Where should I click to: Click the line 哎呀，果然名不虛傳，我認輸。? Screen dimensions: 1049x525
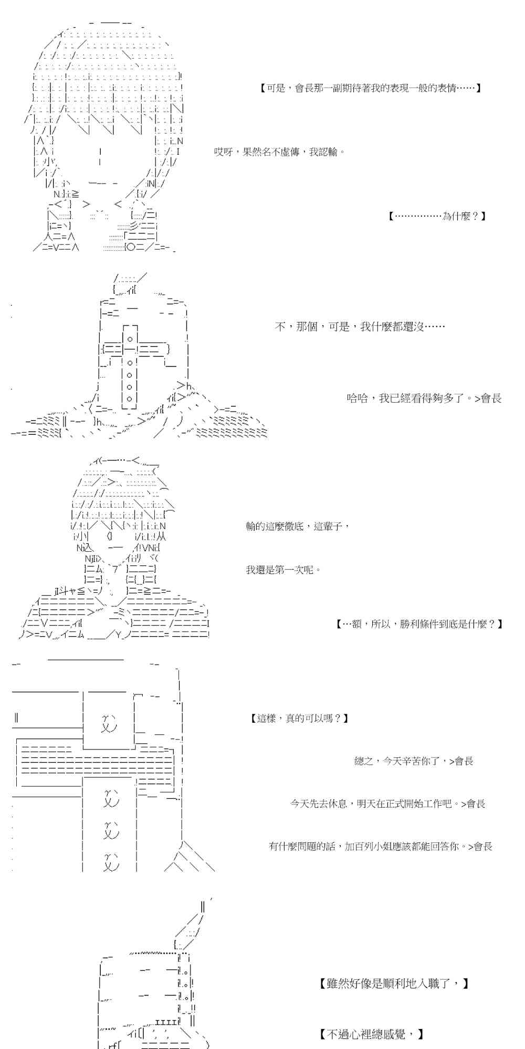[280, 152]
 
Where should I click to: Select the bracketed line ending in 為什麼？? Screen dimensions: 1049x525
[437, 216]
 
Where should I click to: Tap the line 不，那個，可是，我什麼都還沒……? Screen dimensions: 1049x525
[360, 327]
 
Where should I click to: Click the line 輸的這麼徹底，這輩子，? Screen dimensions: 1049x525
[297, 526]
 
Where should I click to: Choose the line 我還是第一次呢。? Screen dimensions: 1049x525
[283, 570]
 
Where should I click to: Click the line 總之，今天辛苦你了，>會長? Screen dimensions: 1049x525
[414, 761]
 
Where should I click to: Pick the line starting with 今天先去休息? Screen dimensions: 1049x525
[387, 804]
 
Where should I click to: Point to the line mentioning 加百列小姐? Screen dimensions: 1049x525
[381, 846]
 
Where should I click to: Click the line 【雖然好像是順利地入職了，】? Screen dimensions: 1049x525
[394, 983]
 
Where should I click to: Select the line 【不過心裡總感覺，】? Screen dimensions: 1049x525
[371, 1034]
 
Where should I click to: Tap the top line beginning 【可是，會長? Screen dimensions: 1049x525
[371, 88]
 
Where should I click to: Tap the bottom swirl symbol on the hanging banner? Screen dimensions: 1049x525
[111, 861]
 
